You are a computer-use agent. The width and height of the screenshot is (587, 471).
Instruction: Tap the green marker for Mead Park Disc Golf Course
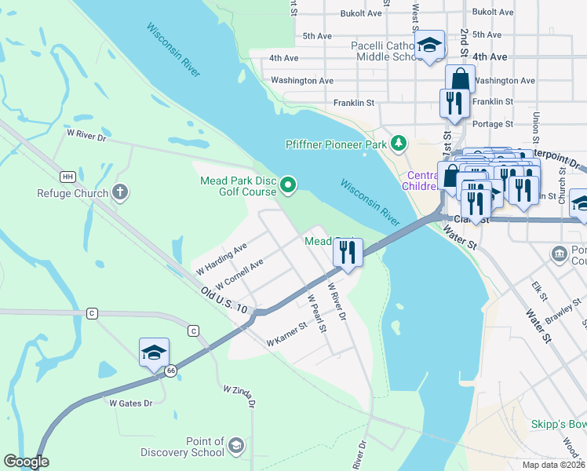[289, 185]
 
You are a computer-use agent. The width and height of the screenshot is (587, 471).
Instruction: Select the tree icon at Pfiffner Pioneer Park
[400, 143]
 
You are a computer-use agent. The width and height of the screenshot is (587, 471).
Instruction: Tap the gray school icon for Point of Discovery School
[236, 447]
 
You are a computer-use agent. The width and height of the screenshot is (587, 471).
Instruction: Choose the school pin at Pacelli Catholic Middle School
[429, 45]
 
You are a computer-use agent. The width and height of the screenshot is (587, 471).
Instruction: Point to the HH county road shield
[68, 176]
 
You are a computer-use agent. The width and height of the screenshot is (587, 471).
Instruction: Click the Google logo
[26, 462]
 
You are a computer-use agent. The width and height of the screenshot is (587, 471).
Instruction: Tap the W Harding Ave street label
[221, 257]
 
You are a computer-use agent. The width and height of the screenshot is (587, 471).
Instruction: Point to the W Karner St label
[286, 339]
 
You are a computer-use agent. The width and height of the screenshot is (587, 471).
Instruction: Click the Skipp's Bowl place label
[558, 425]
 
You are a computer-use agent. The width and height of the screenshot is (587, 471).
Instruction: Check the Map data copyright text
[553, 465]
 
